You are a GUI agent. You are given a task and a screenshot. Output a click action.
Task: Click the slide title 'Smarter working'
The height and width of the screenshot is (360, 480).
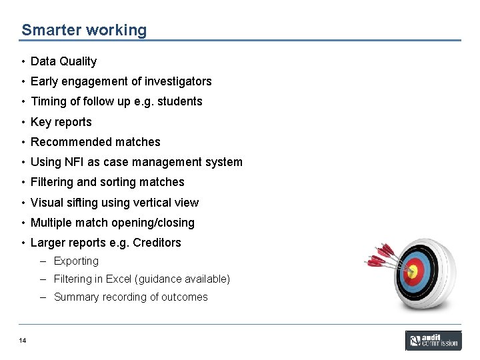[84, 30]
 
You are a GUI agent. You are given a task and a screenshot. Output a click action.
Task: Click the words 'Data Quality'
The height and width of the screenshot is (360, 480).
[63, 61]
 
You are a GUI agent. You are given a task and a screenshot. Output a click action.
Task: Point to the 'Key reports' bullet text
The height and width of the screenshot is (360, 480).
[61, 122]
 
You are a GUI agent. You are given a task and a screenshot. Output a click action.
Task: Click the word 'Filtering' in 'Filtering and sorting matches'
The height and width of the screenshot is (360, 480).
[52, 182]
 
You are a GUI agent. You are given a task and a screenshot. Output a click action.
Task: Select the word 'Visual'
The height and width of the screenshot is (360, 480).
[47, 203]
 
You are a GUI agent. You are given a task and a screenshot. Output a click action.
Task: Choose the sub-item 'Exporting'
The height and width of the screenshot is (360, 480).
[76, 261]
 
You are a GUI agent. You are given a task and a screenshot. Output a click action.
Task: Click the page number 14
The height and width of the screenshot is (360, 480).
[23, 341]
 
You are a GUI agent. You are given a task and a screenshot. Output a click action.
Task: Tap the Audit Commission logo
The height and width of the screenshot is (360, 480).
[433, 341]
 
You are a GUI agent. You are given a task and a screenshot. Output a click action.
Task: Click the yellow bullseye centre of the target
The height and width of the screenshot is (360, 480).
[412, 271]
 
